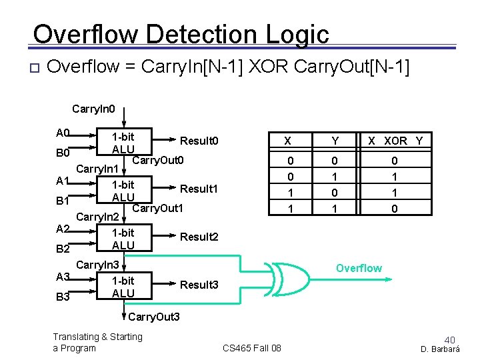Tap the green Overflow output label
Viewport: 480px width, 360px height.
(359, 268)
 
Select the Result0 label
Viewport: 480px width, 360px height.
(199, 141)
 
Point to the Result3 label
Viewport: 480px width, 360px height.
(199, 285)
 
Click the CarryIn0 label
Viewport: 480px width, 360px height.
(93, 107)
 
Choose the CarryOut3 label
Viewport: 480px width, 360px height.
(154, 315)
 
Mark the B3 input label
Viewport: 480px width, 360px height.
(63, 297)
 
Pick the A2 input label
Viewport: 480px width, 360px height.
(63, 229)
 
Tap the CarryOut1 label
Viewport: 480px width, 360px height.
(158, 208)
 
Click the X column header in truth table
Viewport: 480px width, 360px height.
(287, 141)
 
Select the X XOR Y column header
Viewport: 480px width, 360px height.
(396, 141)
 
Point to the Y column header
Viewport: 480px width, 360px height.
(335, 141)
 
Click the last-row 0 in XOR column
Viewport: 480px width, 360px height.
(395, 209)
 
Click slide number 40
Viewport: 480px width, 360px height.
(449, 339)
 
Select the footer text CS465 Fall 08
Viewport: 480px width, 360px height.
(252, 348)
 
